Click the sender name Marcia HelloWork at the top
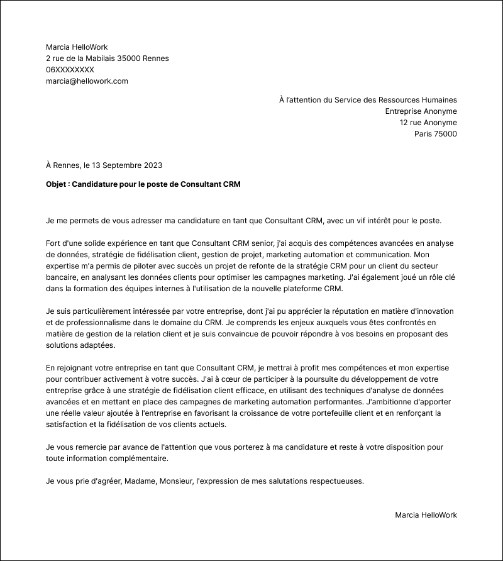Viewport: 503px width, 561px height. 77,47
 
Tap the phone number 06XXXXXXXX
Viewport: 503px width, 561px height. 70,70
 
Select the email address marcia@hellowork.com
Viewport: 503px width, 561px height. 87,81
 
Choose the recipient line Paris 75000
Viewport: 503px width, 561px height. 435,134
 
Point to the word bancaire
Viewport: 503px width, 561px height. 63,277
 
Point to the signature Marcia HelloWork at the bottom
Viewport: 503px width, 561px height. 426,515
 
